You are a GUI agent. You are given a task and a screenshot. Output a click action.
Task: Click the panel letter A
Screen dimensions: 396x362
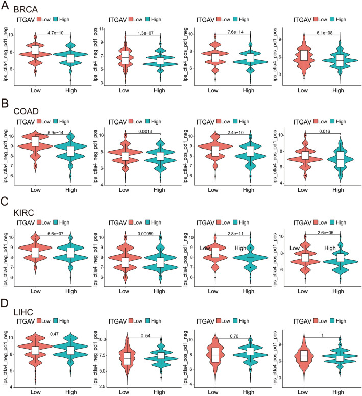[5, 7]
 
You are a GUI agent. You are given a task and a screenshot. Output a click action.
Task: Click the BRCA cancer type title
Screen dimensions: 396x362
[25, 10]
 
